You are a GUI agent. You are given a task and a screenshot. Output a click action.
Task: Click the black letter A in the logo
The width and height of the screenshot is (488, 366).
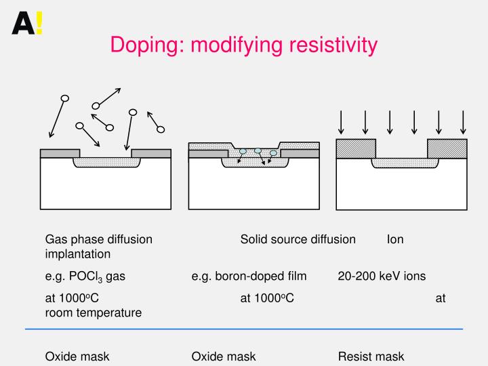(x=23, y=24)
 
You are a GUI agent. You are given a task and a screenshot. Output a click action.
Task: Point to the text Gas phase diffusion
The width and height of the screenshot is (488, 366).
(x=98, y=239)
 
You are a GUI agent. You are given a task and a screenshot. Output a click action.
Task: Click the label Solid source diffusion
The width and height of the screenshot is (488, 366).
(x=298, y=239)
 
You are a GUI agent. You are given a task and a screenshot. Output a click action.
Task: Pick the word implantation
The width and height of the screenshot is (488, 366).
(x=78, y=254)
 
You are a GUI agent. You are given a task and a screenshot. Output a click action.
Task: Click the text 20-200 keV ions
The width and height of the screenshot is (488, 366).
(x=382, y=276)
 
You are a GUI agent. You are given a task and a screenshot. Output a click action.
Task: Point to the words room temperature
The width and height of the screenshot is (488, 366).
(x=94, y=312)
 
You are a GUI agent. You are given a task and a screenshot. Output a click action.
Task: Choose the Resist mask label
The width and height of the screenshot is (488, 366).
(x=371, y=357)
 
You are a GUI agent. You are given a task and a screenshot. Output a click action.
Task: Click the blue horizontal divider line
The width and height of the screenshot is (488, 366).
(x=244, y=329)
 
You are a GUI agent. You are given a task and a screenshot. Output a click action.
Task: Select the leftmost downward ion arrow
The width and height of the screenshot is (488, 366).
(x=342, y=122)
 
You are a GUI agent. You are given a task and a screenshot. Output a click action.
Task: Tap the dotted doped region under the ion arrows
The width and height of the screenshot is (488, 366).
(x=402, y=163)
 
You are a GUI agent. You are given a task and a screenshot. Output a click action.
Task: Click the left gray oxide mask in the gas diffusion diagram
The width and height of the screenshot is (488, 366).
(x=60, y=153)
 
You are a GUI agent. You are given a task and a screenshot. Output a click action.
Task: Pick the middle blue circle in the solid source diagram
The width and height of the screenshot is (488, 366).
(x=258, y=150)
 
